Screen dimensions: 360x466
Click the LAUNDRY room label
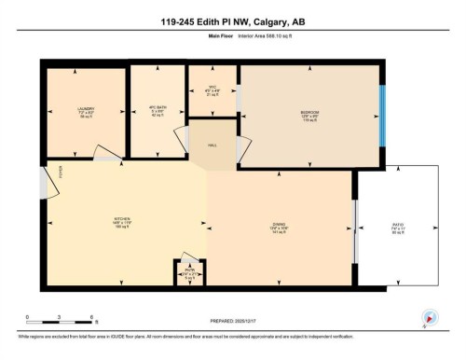click(x=86, y=109)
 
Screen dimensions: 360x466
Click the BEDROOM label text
click(x=310, y=112)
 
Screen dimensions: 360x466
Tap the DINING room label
click(x=279, y=224)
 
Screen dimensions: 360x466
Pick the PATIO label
click(x=397, y=225)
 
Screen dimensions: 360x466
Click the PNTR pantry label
click(x=189, y=271)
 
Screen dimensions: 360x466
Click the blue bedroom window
click(x=382, y=117)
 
